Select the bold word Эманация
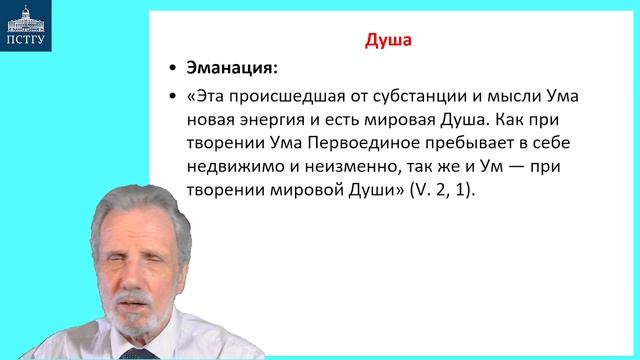coord(229,68)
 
